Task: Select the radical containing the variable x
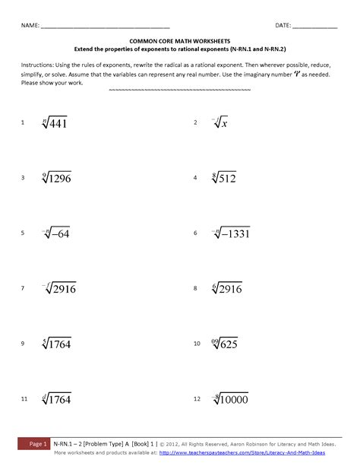pyautogui.click(x=218, y=122)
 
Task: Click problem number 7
pyautogui.click(x=23, y=289)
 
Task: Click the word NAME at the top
pyautogui.click(x=30, y=25)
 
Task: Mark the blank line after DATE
pyautogui.click(x=314, y=27)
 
